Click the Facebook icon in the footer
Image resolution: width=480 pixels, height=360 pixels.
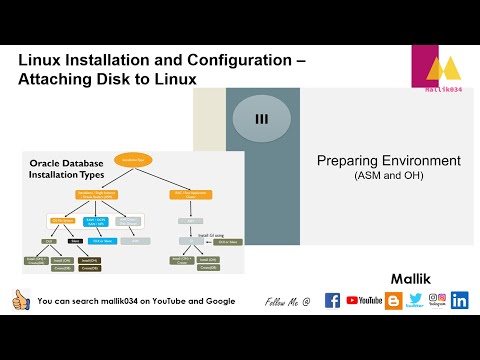332,300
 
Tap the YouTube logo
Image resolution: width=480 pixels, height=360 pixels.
364,300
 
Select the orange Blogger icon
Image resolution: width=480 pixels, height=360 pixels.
394,300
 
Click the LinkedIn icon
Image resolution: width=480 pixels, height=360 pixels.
460,300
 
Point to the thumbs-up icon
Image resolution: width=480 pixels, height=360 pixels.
20,300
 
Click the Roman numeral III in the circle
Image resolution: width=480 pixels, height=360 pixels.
262,119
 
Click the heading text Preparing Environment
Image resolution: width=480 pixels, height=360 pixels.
388,160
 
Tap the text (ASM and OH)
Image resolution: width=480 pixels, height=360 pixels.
389,176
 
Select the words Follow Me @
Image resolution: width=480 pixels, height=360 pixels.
288,301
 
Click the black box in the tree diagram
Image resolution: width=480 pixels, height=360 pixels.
76,241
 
